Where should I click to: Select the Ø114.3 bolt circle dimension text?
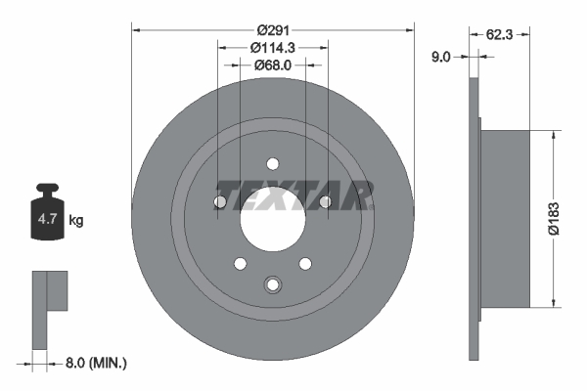273,47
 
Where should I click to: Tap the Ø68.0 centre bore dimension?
273,65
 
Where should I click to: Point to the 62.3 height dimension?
501,33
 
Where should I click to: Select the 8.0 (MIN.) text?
95,363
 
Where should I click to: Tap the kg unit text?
76,221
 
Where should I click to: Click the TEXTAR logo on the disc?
294,195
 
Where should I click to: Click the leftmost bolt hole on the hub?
220,202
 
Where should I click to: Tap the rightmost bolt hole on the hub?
325,202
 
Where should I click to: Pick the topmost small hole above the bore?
273,164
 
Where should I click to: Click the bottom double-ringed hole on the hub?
273,284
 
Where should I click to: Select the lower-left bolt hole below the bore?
240,263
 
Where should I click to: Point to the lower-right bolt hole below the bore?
305,263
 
